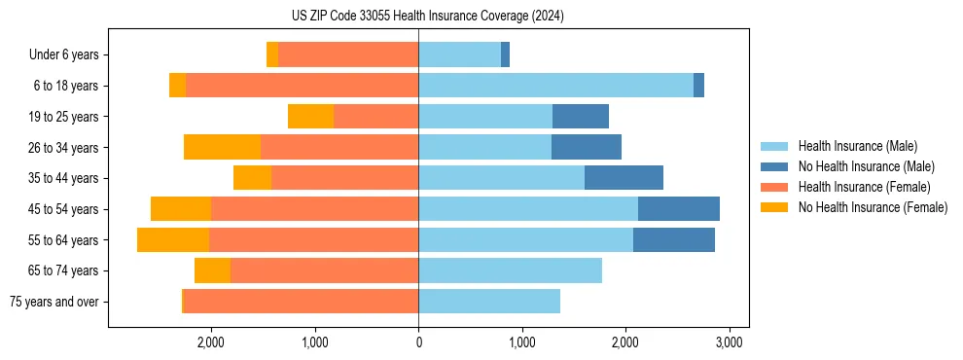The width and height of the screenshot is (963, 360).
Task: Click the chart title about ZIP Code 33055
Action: (428, 17)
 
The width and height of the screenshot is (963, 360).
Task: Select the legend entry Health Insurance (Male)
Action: (856, 146)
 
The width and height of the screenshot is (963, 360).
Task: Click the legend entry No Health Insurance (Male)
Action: (866, 166)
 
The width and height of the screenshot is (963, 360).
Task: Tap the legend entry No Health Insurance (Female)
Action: (873, 207)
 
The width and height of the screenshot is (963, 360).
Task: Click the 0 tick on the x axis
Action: (418, 342)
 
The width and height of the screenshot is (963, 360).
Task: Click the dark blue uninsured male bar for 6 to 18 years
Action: (698, 86)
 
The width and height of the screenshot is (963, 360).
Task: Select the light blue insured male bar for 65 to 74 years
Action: (510, 270)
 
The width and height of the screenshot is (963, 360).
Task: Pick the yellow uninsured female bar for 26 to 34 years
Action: (222, 147)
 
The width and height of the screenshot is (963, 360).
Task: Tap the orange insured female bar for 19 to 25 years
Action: (375, 117)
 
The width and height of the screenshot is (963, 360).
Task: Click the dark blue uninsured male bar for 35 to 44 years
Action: (624, 178)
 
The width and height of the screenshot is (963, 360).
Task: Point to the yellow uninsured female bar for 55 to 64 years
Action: (173, 240)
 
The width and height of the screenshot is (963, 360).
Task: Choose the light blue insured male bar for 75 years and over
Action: (489, 302)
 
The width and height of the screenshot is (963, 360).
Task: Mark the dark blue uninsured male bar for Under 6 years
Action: (505, 55)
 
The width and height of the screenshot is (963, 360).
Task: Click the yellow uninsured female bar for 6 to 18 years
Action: (177, 86)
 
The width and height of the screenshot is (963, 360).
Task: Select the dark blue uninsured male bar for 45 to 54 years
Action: (679, 209)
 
